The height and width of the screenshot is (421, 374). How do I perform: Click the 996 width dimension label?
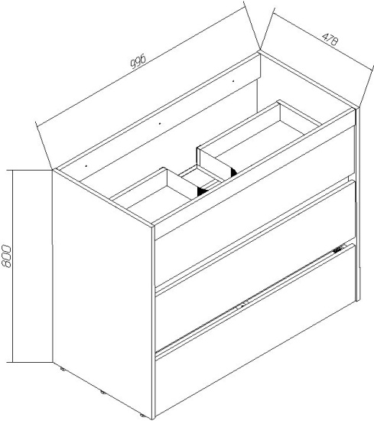[138, 61]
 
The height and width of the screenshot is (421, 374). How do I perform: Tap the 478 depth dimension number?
[330, 40]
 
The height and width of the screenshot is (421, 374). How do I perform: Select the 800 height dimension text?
[6, 256]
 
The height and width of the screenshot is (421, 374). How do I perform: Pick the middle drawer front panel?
[255, 266]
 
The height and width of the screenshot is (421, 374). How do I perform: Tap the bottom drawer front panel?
[255, 331]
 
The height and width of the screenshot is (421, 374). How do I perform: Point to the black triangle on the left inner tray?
[202, 191]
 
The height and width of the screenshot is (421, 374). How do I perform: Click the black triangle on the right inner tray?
[233, 171]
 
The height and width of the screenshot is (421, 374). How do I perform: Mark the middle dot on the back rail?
[160, 123]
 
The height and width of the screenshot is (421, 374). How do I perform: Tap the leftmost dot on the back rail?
[86, 166]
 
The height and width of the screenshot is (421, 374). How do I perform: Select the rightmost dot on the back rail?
[233, 80]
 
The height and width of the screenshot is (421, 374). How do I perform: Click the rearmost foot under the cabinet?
[63, 369]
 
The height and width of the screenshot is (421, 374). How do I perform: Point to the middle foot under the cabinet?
[103, 392]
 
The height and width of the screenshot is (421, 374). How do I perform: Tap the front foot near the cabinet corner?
[143, 416]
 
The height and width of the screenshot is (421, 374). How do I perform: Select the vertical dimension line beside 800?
[12, 266]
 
